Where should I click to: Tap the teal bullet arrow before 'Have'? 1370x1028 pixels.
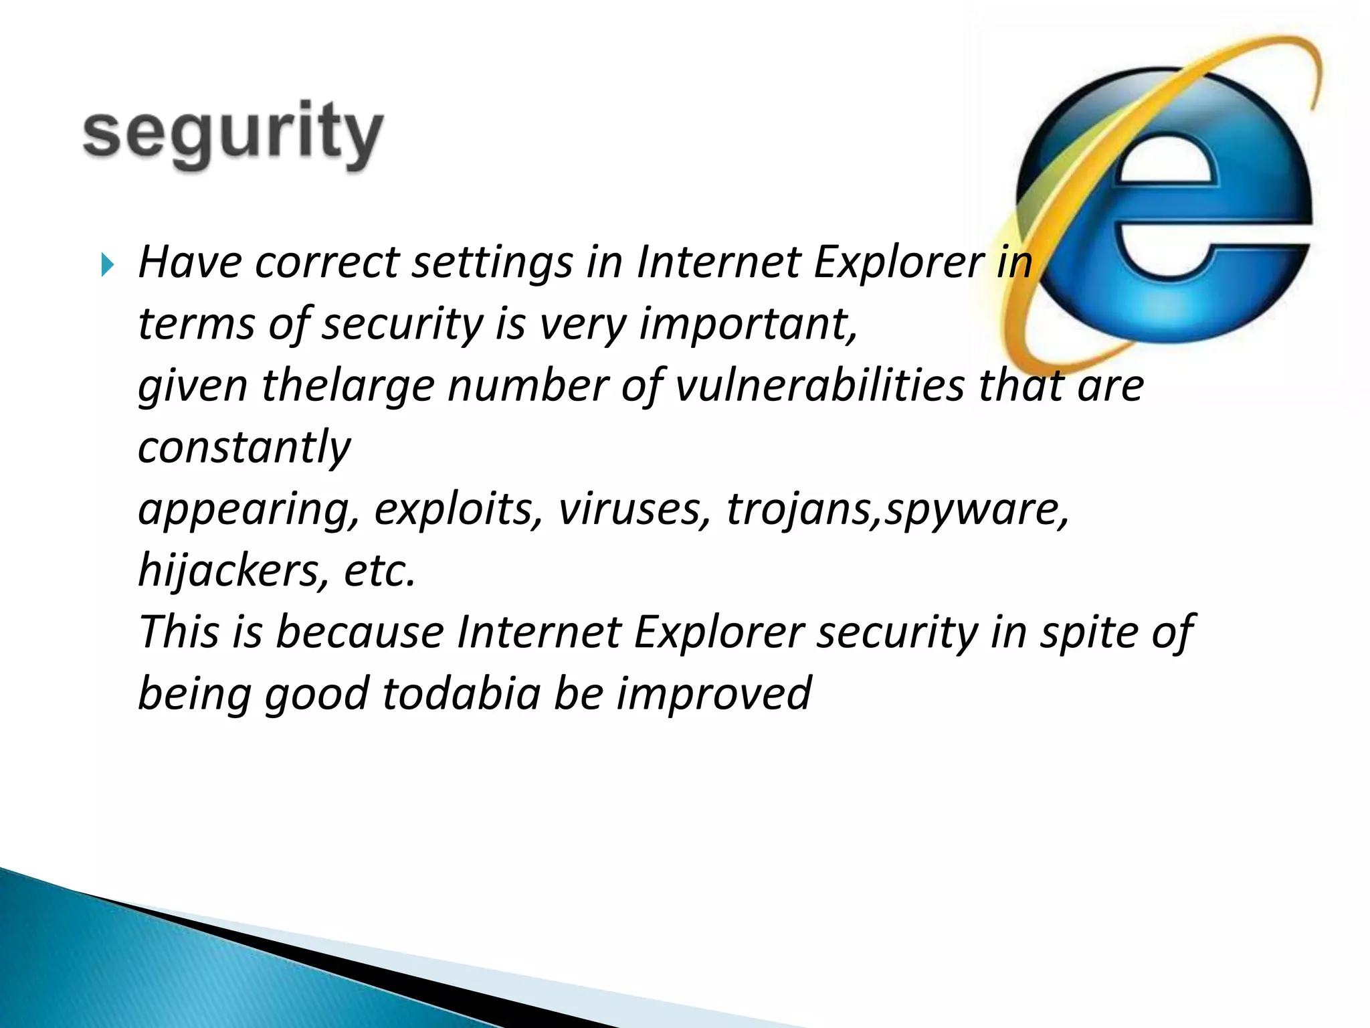[x=107, y=265]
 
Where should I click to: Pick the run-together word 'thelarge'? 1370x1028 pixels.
[x=348, y=386]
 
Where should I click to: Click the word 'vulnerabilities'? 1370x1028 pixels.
[x=820, y=386]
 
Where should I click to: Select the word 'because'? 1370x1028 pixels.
[x=360, y=632]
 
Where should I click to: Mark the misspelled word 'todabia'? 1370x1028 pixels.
[x=462, y=693]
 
